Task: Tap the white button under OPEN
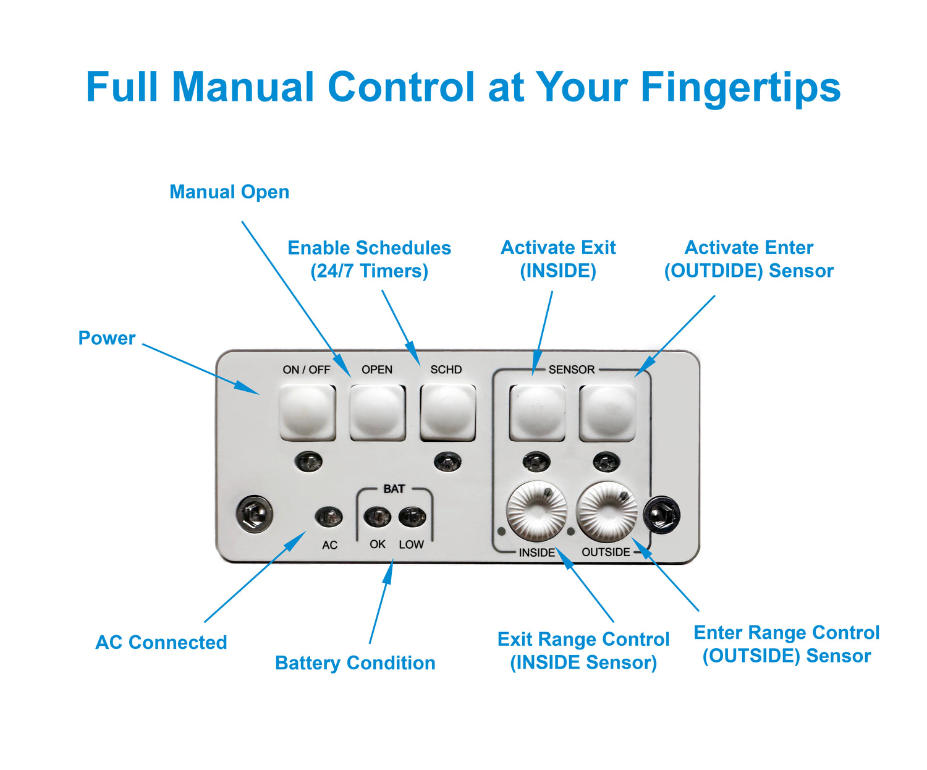click(378, 412)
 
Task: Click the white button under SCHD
click(447, 412)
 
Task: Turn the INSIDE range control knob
click(536, 511)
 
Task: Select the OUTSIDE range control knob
click(606, 511)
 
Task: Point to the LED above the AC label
click(329, 517)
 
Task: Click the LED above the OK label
click(377, 517)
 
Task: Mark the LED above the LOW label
click(412, 517)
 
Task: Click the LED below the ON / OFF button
click(308, 462)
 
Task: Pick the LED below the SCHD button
click(447, 462)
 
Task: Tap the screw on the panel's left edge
click(255, 514)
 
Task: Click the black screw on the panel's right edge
click(662, 514)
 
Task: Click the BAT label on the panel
click(394, 489)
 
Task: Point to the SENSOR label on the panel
click(571, 370)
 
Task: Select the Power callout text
click(106, 338)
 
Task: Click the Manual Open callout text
click(229, 192)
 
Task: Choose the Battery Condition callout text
click(355, 663)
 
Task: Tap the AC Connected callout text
click(161, 643)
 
